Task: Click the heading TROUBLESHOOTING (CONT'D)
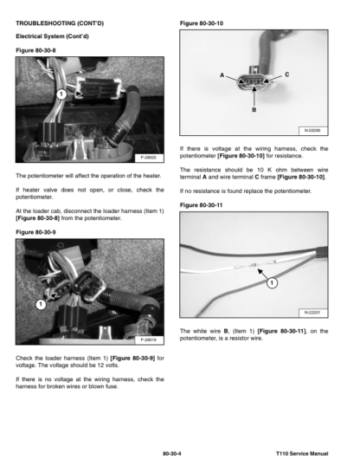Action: click(60, 23)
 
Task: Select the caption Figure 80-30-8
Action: click(35, 50)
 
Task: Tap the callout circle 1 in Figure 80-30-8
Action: click(61, 94)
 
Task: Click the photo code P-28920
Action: click(149, 158)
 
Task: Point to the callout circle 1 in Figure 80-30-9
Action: click(41, 304)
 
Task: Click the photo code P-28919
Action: click(149, 340)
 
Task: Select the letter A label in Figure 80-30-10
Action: click(222, 75)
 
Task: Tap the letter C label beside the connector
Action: click(287, 74)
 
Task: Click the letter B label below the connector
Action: click(254, 110)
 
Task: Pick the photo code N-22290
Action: click(312, 131)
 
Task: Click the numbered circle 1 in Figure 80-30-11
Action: click(272, 282)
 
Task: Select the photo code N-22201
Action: click(312, 313)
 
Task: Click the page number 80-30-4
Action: click(172, 454)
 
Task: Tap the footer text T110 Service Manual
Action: click(302, 454)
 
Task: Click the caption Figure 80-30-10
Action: click(202, 23)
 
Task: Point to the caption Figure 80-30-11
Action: click(201, 205)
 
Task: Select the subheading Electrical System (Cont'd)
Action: click(52, 36)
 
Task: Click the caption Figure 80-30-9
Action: click(35, 232)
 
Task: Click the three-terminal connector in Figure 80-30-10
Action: click(254, 81)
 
